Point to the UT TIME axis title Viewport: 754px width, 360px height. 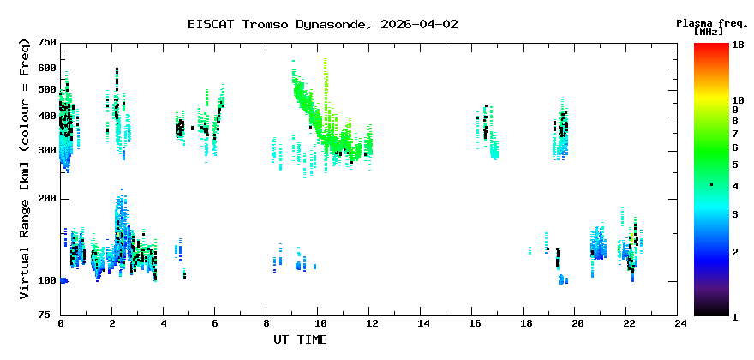[x=300, y=339]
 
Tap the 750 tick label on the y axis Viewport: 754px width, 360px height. [x=46, y=43]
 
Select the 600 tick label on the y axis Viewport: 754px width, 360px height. [x=46, y=69]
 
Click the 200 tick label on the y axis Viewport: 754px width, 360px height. [x=46, y=199]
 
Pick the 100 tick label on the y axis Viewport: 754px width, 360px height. [x=46, y=281]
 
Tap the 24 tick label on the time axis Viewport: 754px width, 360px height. [x=680, y=323]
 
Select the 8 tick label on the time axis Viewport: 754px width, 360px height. [x=267, y=323]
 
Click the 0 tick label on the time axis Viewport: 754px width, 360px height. [x=61, y=323]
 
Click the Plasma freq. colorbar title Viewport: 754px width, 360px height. [x=712, y=22]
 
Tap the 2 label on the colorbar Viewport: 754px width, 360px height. [x=734, y=252]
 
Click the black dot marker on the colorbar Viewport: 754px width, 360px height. [x=711, y=185]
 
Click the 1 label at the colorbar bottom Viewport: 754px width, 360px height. [x=734, y=316]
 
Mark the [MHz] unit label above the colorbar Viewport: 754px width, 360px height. [x=710, y=32]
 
